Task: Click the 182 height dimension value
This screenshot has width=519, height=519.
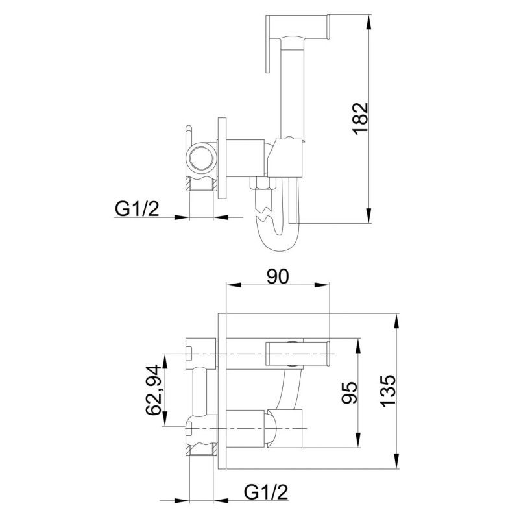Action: (x=361, y=119)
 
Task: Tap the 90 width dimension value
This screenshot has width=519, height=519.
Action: (x=278, y=276)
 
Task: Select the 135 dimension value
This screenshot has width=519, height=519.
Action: (x=387, y=391)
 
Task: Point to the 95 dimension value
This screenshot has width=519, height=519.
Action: (x=350, y=393)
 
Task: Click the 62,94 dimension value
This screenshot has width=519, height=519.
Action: (x=154, y=391)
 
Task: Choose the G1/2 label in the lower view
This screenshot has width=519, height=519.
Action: (x=266, y=492)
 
